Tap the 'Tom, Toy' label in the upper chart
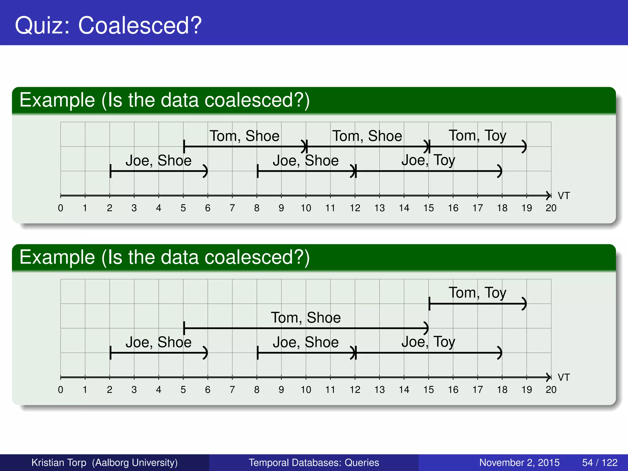tap(477, 136)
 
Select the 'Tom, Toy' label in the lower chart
tap(477, 293)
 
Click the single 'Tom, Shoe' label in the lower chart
tap(306, 317)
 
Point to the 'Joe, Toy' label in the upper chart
tap(428, 160)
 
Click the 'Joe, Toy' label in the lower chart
tap(428, 342)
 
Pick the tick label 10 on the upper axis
tap(306, 208)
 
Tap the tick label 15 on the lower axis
tap(428, 389)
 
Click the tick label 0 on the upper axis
tap(60, 208)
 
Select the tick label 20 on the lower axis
tap(551, 389)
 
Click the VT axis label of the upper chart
tap(563, 196)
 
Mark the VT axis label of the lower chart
tap(563, 377)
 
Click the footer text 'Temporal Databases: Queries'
tap(314, 462)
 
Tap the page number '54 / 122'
tap(599, 462)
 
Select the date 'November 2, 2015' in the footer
tap(519, 462)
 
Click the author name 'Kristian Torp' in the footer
tap(59, 462)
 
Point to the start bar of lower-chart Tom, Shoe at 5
tap(184, 328)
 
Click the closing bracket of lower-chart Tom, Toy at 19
tap(525, 304)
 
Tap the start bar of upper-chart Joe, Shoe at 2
tap(110, 171)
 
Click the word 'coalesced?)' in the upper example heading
tap(257, 100)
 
